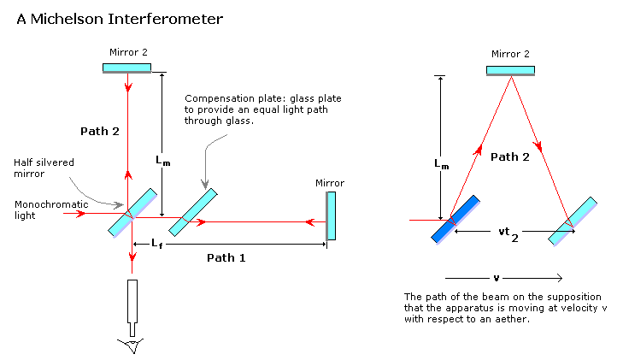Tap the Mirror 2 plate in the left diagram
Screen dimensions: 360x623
[x=127, y=68]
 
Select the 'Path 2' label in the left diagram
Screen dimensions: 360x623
[x=99, y=131]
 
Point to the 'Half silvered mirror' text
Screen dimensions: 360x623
[x=36, y=168]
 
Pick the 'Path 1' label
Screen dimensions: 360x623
[x=226, y=257]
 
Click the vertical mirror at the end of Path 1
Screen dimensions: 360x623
[x=332, y=215]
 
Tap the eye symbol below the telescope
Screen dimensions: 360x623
[x=132, y=345]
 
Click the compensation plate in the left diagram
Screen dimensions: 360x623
[x=192, y=212]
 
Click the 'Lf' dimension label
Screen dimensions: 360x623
[x=157, y=245]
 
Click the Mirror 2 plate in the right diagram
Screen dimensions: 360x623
[x=511, y=71]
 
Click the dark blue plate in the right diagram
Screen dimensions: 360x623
[x=455, y=220]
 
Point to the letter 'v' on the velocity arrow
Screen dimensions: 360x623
[x=496, y=278]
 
